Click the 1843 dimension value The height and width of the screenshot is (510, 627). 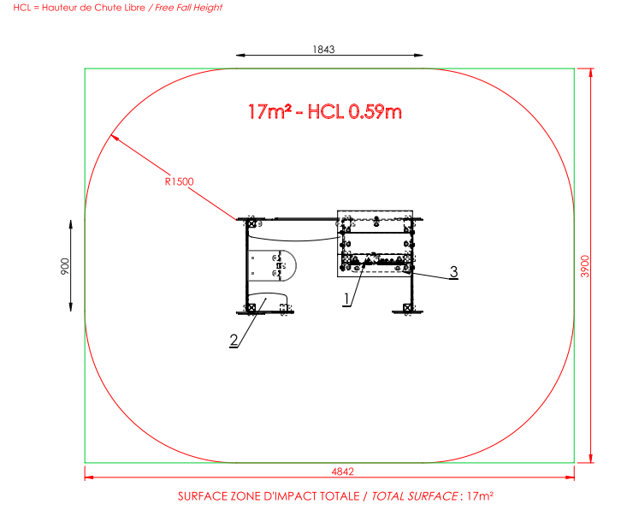[323, 49]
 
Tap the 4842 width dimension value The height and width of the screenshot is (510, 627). [343, 471]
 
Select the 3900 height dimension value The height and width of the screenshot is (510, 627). [585, 266]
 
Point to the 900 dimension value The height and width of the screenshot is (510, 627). [65, 266]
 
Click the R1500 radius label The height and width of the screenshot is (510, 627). [179, 181]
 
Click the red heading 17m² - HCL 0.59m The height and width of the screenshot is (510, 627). [325, 111]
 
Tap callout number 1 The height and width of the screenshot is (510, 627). [346, 299]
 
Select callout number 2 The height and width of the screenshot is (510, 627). [234, 341]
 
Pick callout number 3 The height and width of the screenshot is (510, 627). [453, 271]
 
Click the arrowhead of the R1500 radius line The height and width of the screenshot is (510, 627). [114, 138]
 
